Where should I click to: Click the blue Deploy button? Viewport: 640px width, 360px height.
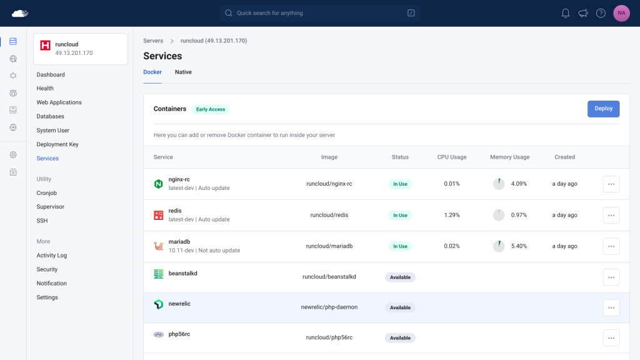[x=603, y=109]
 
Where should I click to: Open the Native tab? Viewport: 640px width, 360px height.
[x=183, y=72]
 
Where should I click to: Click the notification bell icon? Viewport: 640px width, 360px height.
[x=565, y=13]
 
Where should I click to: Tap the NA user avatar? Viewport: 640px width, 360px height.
[x=621, y=13]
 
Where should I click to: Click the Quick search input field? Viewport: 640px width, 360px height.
[x=319, y=13]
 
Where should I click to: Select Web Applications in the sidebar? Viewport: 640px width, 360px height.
[x=59, y=102]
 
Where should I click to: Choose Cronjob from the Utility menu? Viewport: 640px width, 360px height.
[x=46, y=193]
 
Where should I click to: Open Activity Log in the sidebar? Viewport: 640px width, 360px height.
[x=52, y=256]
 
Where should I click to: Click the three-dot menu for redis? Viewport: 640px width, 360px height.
[x=611, y=215]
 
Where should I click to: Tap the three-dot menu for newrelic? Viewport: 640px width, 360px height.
[x=611, y=307]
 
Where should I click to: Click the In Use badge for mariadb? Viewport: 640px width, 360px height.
[x=400, y=246]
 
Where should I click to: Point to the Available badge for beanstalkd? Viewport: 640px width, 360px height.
[x=400, y=277]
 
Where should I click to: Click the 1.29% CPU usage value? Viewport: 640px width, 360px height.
[x=452, y=215]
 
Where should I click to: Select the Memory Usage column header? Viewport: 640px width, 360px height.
[x=510, y=157]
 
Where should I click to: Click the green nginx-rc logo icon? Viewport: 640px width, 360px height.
[x=158, y=184]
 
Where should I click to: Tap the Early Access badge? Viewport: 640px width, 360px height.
[x=211, y=109]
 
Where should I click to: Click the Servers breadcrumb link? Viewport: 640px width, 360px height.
[x=153, y=41]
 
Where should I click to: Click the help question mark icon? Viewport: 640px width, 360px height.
[x=601, y=13]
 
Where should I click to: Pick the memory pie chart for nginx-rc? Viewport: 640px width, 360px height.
[x=499, y=184]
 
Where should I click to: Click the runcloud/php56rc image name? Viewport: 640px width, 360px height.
[x=329, y=337]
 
